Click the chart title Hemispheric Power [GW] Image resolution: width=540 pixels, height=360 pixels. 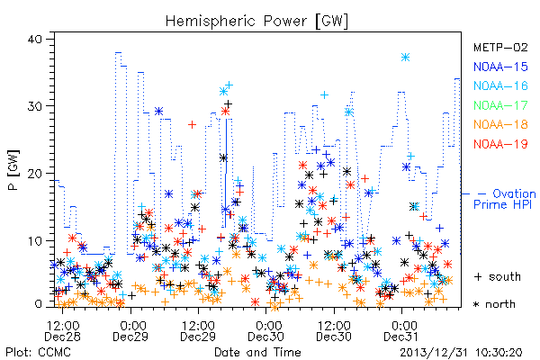click(x=256, y=22)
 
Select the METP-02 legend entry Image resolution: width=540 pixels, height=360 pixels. click(x=500, y=47)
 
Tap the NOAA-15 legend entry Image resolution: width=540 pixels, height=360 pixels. click(x=500, y=67)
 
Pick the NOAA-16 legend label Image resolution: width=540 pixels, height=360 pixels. click(x=500, y=85)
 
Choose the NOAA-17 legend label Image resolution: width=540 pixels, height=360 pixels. click(x=500, y=105)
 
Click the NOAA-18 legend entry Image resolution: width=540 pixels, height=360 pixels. click(x=500, y=124)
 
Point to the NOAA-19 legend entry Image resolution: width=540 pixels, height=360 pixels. click(x=500, y=144)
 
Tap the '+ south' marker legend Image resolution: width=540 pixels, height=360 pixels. click(x=498, y=276)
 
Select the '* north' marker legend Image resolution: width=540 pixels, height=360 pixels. click(x=494, y=304)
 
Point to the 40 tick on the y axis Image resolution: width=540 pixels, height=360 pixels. click(x=34, y=39)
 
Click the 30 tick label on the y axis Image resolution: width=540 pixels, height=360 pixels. click(x=34, y=106)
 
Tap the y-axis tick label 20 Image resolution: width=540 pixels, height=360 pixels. click(x=34, y=174)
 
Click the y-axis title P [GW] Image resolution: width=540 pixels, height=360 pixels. click(x=13, y=170)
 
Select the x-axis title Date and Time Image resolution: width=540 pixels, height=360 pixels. click(x=257, y=352)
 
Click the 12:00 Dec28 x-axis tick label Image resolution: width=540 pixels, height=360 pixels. click(x=62, y=330)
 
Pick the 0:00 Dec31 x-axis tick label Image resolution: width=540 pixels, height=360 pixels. click(x=402, y=330)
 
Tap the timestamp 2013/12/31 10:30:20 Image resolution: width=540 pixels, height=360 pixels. click(x=461, y=353)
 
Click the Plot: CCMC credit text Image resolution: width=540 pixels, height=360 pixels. click(x=38, y=352)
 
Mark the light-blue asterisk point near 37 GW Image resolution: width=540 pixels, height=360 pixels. click(x=405, y=58)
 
